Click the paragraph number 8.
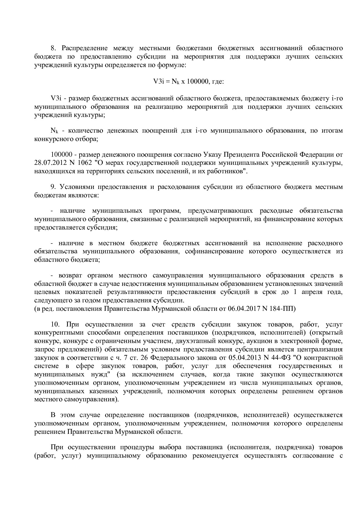[x=53, y=48]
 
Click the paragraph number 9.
[x=53, y=187]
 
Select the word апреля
[x=314, y=292]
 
